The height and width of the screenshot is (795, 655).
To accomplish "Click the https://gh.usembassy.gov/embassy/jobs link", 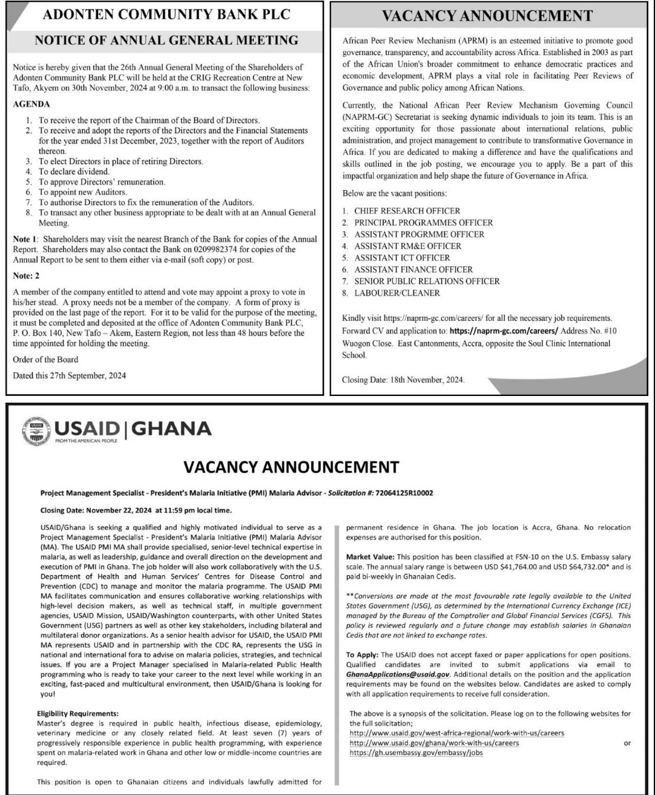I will tap(416, 753).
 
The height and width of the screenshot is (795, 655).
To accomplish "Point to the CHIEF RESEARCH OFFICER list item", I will tap(407, 211).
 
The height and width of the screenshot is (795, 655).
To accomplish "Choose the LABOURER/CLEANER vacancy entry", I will tap(397, 293).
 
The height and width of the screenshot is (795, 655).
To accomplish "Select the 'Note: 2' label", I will tap(26, 275).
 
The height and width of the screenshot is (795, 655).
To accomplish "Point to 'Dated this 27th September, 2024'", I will tap(70, 375).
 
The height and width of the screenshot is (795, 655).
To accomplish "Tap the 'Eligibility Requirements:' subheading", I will tap(77, 714).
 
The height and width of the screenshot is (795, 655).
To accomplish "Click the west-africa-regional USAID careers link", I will tap(457, 733).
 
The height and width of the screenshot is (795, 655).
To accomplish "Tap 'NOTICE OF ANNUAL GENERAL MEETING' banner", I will tap(166, 41).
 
